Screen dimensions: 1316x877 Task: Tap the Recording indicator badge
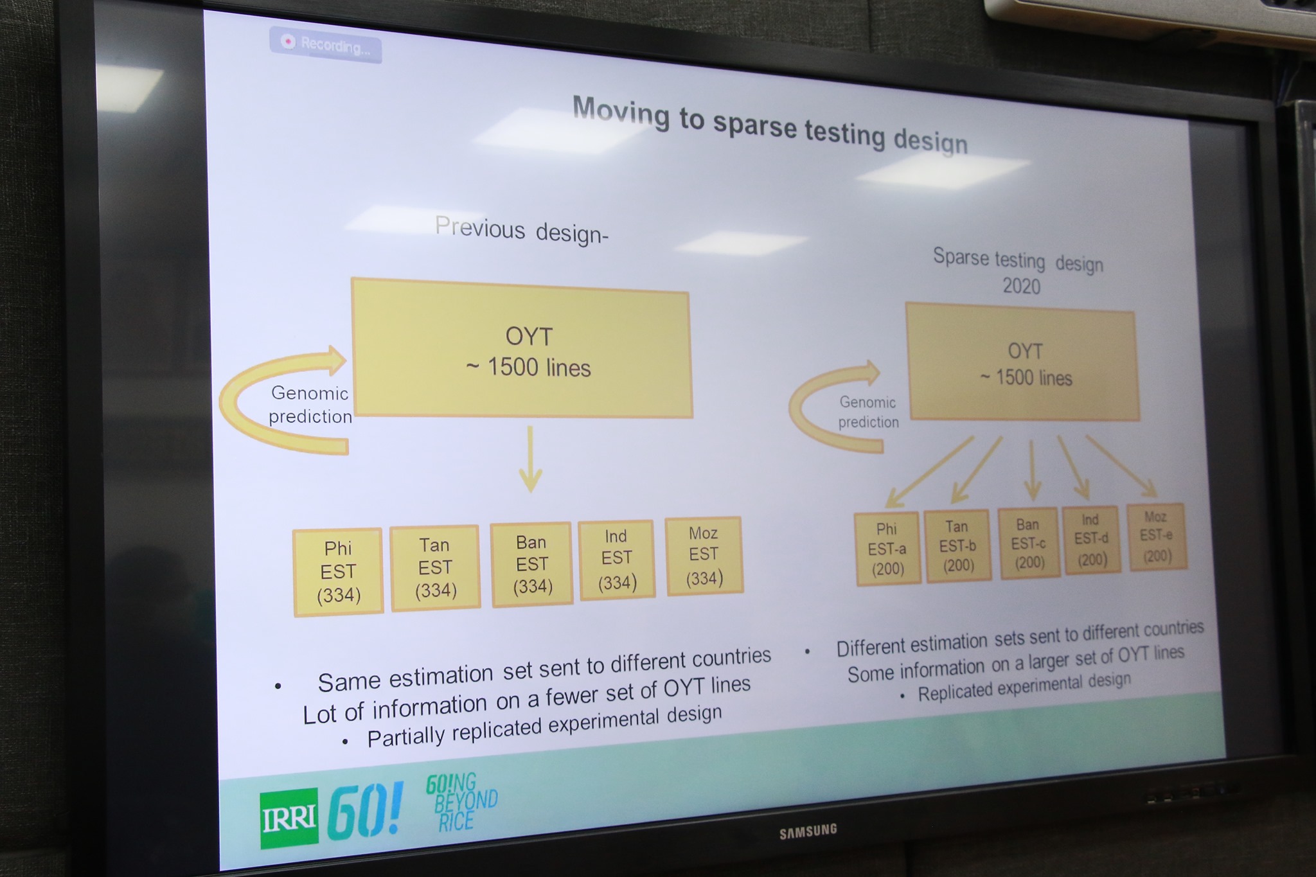pos(325,45)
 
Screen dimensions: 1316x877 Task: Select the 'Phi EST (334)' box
pos(338,572)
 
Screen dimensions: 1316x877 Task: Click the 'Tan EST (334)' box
pos(435,567)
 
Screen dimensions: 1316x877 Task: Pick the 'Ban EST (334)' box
pos(531,564)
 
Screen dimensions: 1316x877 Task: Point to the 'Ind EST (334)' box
pos(617,560)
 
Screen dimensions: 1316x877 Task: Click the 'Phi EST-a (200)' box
pos(887,549)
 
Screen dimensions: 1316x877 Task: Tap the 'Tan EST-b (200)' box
pos(957,545)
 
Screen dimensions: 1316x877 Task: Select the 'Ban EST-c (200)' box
pos(1029,543)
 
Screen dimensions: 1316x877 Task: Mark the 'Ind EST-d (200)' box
pos(1092,540)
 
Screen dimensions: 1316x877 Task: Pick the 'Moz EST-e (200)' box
pos(1157,536)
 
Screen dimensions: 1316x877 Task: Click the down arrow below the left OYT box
pos(530,459)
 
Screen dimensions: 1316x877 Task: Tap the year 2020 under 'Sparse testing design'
pos(1022,285)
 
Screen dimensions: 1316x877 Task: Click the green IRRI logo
pos(289,819)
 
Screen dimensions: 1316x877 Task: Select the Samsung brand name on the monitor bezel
pos(808,831)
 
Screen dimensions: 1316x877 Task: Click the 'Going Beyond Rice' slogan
pos(461,802)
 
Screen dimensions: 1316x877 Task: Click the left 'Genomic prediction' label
pos(310,405)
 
